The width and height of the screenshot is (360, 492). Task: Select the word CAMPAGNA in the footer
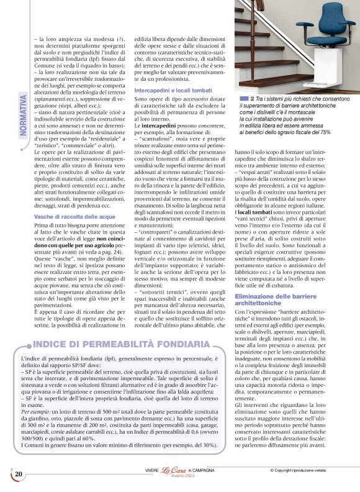click(x=210, y=471)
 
